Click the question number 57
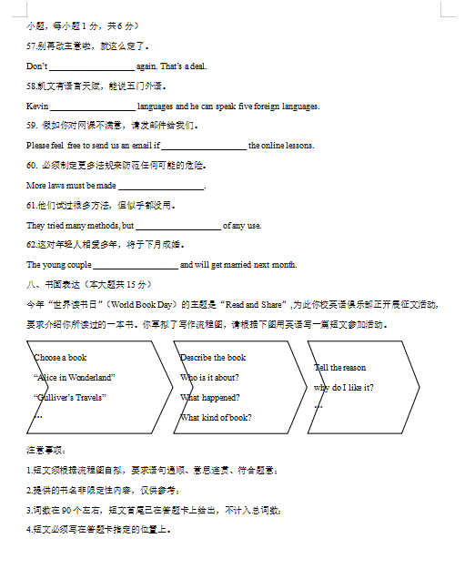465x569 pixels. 32,46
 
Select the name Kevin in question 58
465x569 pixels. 37,107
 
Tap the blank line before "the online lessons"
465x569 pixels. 203,147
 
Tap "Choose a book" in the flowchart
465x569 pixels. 61,358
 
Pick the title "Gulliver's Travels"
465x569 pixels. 69,397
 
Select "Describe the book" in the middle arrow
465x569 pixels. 213,358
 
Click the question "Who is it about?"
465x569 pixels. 209,378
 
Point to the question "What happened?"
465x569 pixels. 209,398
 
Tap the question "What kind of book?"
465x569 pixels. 216,418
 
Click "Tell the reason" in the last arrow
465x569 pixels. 340,368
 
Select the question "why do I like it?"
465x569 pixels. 344,388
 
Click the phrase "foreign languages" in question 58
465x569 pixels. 288,107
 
